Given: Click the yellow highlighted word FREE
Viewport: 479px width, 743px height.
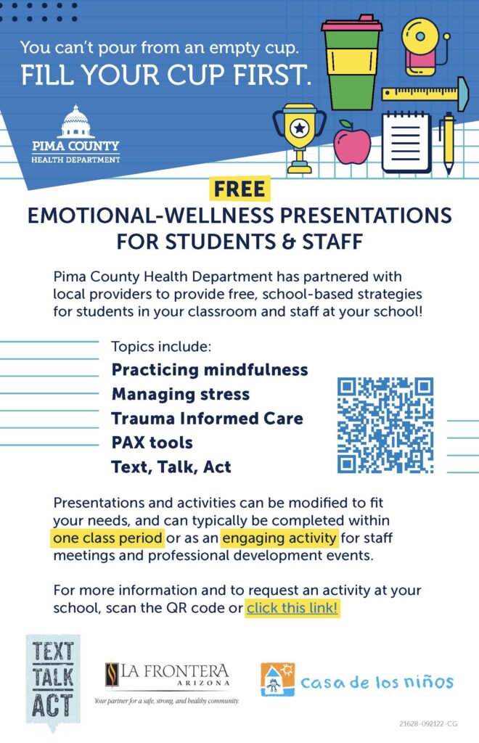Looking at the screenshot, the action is click(x=239, y=189).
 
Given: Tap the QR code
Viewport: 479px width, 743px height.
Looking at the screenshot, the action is click(x=385, y=425).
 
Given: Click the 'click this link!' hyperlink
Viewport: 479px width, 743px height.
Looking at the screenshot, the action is click(x=292, y=607).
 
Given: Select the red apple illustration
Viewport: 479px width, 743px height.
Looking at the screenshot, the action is click(x=351, y=141).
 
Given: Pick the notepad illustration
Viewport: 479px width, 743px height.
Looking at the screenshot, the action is click(x=406, y=141).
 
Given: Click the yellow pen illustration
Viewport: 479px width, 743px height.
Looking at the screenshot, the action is click(x=448, y=143).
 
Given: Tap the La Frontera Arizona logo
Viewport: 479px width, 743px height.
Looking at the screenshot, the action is click(x=167, y=681).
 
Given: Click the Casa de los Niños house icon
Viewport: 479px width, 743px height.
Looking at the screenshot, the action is click(x=278, y=679).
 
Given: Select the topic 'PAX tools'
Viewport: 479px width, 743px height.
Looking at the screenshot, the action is click(x=152, y=443).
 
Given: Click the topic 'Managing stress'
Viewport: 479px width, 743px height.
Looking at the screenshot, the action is click(x=181, y=394).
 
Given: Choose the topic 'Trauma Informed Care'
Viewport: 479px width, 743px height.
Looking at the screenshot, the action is click(x=207, y=419).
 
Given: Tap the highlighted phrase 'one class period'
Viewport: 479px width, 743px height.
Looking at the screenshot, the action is click(x=107, y=538).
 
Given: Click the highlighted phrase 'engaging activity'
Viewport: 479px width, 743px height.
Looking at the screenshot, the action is click(x=279, y=538).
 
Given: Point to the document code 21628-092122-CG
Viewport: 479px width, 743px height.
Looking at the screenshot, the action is click(x=428, y=723).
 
